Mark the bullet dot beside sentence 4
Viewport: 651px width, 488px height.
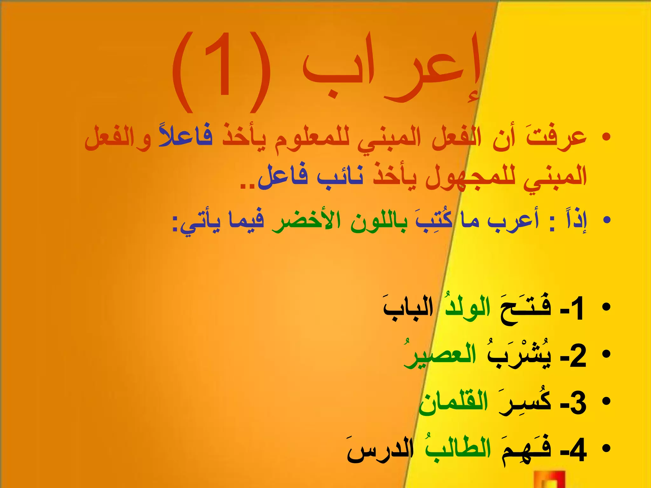pyautogui.click(x=606, y=448)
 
